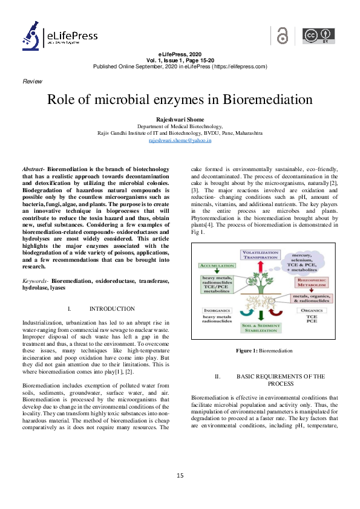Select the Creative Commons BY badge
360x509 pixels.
318,36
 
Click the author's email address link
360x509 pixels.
180,140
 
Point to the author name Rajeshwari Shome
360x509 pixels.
180,120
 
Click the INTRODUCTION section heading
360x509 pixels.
111,308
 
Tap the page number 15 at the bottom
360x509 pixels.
180,475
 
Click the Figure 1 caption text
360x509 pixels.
264,351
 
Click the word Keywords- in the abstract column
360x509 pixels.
35,281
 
